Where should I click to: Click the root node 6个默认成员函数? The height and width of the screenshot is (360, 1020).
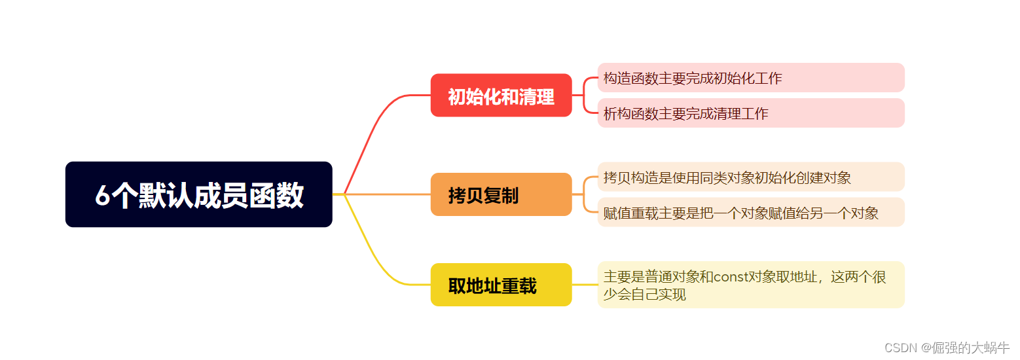pyautogui.click(x=199, y=194)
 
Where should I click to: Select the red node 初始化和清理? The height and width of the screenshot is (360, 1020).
pyautogui.click(x=501, y=96)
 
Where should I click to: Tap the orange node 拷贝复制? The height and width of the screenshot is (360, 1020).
pyautogui.click(x=501, y=194)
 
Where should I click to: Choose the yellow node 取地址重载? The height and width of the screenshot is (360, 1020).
pyautogui.click(x=501, y=285)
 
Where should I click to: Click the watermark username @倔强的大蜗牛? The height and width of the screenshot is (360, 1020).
pyautogui.click(x=966, y=348)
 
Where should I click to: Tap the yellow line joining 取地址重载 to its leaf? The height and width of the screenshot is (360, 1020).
pyautogui.click(x=585, y=285)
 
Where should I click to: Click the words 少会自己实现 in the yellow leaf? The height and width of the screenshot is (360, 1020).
pyautogui.click(x=644, y=295)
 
